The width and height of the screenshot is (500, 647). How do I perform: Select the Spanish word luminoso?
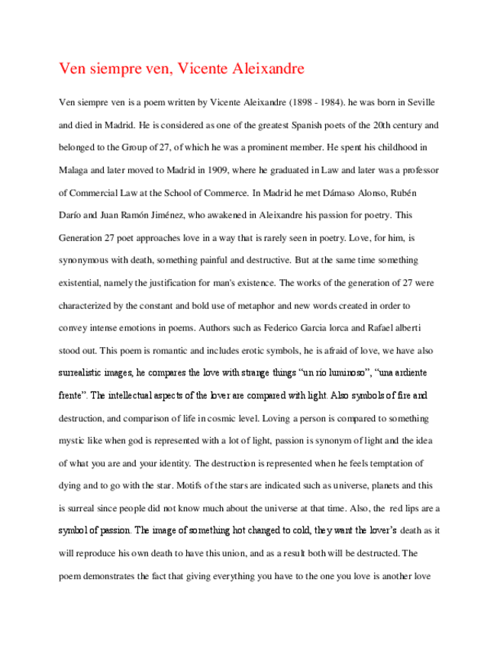tap(331, 374)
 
